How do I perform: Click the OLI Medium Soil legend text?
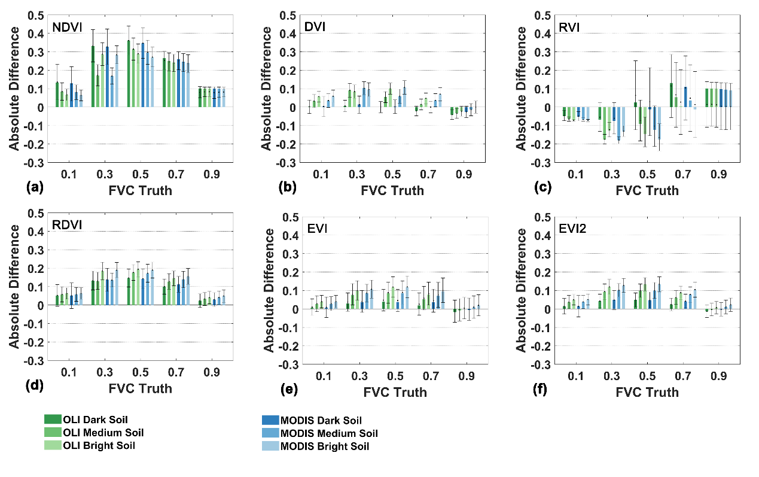(103, 433)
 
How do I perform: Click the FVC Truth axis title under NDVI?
(140, 190)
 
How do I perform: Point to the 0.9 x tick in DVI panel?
(464, 175)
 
